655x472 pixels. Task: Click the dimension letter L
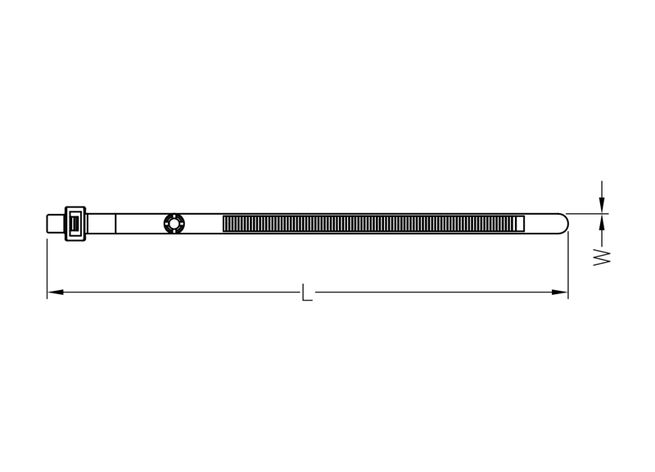click(x=306, y=293)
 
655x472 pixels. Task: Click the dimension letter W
click(x=602, y=257)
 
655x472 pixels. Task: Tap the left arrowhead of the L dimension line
click(x=55, y=292)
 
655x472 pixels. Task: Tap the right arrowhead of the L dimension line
click(x=560, y=292)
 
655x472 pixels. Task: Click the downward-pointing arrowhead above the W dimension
click(x=602, y=206)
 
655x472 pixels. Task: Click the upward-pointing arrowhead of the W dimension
click(x=602, y=221)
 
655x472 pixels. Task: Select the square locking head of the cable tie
click(x=75, y=224)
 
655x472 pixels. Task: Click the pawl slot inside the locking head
click(x=75, y=224)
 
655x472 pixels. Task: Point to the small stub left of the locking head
click(x=56, y=224)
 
